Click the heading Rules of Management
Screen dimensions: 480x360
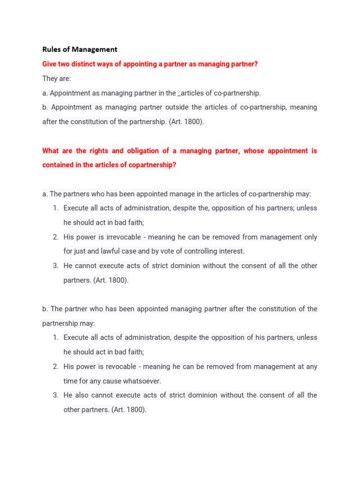[x=80, y=49]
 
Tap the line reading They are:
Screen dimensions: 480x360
[x=56, y=78]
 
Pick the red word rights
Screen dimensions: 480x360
[x=98, y=151]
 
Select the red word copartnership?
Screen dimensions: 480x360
[x=150, y=165]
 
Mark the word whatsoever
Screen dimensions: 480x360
[x=142, y=381]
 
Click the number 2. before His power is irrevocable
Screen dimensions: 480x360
[x=55, y=237]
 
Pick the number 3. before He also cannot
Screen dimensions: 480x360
[x=55, y=395]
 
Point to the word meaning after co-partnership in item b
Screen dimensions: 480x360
[x=303, y=107]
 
